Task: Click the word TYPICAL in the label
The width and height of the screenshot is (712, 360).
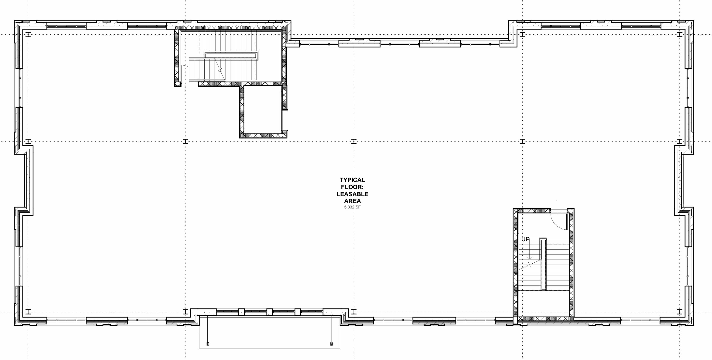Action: [352, 180]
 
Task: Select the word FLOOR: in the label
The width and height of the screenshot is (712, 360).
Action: [352, 187]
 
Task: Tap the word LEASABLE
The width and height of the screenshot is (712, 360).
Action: [352, 194]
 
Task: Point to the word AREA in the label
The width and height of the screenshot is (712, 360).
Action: [352, 201]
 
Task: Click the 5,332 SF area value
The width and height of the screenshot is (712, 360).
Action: [352, 207]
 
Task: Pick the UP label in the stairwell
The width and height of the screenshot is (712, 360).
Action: [525, 239]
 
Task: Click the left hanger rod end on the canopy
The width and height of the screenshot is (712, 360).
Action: [208, 344]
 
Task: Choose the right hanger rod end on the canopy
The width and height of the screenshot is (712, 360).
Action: [331, 344]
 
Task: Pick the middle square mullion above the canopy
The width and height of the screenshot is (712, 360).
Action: [269, 312]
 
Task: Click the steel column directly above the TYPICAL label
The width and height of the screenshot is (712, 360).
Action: [354, 142]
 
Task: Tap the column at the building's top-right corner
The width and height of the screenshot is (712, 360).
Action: [680, 35]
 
